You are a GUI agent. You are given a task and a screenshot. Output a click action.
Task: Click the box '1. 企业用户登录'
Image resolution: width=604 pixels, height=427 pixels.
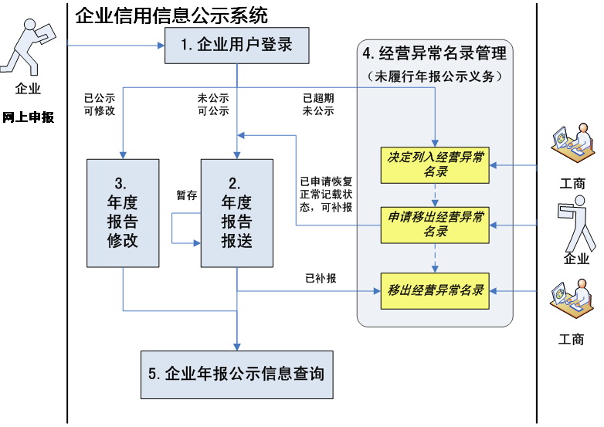[x=237, y=46]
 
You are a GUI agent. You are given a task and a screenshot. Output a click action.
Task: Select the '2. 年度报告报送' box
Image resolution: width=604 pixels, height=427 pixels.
[x=237, y=213]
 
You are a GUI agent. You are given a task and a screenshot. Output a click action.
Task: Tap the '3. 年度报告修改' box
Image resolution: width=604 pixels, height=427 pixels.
[x=123, y=213]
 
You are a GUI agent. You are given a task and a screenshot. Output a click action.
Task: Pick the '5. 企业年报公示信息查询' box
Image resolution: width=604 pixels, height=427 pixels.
[x=237, y=374]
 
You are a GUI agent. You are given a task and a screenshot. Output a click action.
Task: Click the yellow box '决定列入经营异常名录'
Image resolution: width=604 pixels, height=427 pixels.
[x=435, y=164]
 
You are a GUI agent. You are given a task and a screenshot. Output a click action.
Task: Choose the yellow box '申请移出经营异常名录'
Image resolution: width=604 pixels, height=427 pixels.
[x=435, y=225]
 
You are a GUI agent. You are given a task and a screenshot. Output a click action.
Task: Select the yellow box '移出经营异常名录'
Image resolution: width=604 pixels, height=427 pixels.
[x=435, y=291]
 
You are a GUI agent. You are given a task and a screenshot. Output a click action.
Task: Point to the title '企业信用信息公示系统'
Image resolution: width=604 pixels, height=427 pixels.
[x=171, y=15]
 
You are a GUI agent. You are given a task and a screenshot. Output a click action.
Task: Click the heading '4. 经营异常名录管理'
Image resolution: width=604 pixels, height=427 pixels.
[x=435, y=53]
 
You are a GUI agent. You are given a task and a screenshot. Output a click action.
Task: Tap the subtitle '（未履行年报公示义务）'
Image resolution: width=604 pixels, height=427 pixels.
[x=435, y=76]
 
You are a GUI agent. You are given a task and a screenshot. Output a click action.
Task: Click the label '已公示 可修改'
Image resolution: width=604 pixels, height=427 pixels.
[x=100, y=104]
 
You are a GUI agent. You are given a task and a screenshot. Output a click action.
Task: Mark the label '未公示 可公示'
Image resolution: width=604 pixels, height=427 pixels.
[x=213, y=104]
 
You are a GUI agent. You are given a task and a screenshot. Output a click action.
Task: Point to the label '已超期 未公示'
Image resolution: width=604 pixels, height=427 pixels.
[x=318, y=104]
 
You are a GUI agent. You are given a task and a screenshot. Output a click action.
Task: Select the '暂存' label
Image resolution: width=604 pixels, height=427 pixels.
[x=187, y=195]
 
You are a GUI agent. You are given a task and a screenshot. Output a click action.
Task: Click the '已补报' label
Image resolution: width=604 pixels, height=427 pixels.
[x=321, y=278]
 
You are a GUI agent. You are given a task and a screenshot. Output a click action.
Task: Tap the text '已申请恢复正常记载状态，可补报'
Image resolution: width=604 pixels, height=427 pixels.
[x=326, y=195]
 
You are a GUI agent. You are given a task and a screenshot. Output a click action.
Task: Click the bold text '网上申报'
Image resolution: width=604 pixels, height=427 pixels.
[x=28, y=117]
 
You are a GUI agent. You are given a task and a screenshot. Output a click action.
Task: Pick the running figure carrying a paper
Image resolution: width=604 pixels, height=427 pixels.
[x=28, y=47]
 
